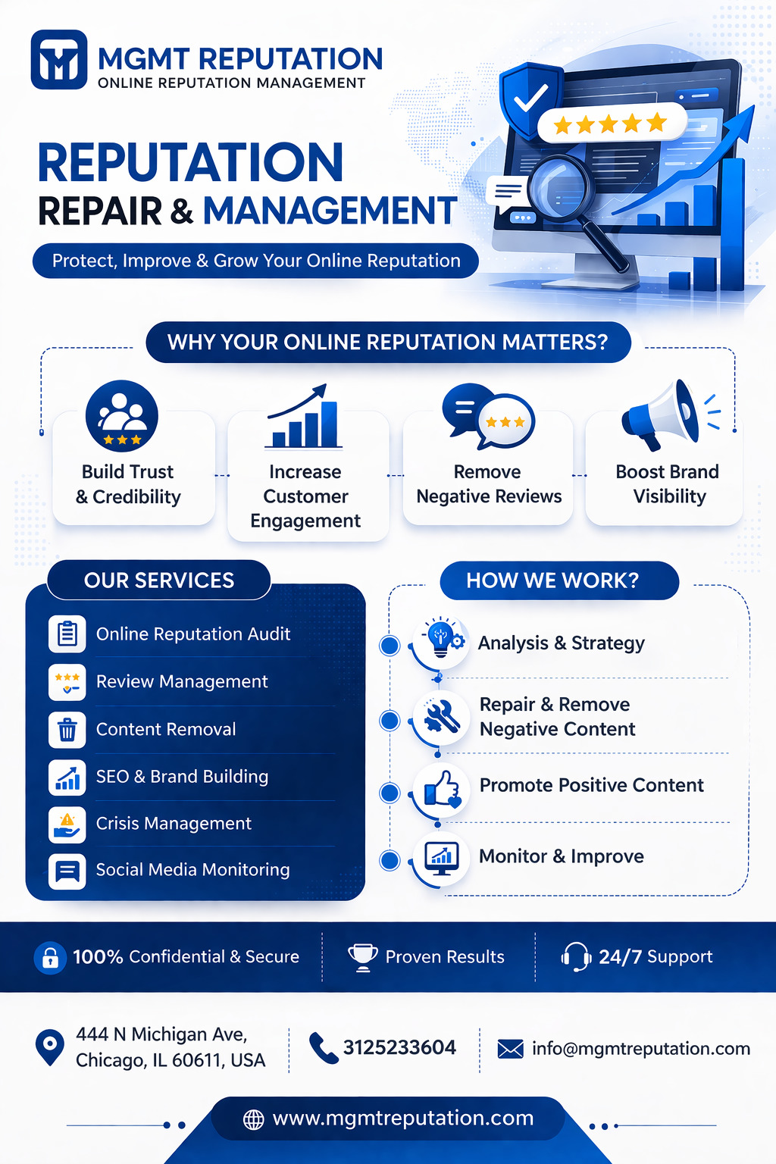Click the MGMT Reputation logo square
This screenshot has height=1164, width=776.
tap(59, 60)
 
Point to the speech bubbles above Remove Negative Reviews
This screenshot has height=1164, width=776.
tap(488, 415)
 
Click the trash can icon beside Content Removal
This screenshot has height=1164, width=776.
tap(67, 730)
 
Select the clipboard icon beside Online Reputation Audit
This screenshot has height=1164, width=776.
tap(67, 634)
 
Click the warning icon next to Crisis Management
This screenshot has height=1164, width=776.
tap(67, 824)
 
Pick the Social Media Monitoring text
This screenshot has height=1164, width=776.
tap(192, 870)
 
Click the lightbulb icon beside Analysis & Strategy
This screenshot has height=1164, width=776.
tap(442, 640)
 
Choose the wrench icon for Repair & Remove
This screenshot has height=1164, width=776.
tap(442, 716)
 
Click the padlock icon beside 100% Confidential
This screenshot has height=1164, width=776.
tap(50, 958)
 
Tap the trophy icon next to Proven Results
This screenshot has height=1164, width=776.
tap(363, 956)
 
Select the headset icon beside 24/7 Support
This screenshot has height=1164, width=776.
tap(576, 956)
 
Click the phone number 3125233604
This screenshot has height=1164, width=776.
tap(399, 1048)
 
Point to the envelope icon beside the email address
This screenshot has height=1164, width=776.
tap(510, 1049)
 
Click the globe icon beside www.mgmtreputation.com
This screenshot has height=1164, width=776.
tap(254, 1119)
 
